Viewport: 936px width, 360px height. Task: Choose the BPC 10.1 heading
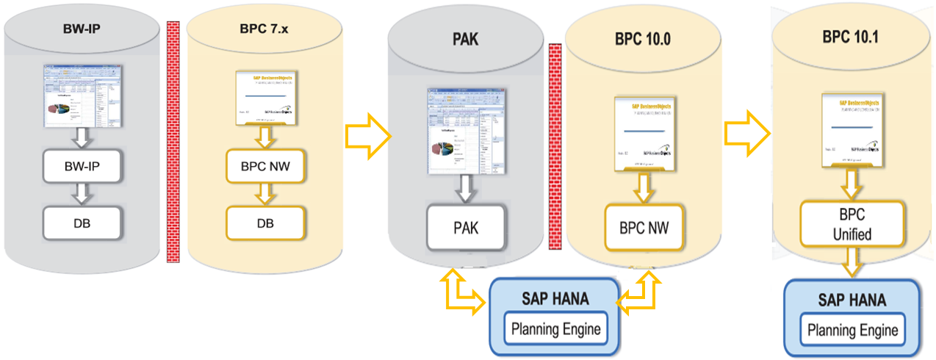tap(852, 35)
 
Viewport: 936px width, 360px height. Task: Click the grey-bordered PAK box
tap(466, 228)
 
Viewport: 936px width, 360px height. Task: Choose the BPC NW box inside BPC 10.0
tap(644, 228)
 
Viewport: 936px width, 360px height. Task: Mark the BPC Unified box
tap(852, 225)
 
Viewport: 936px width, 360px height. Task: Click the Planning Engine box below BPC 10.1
tap(852, 330)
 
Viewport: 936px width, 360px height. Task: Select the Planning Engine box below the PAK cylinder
tap(555, 328)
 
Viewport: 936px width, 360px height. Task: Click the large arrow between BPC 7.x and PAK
tap(365, 135)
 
